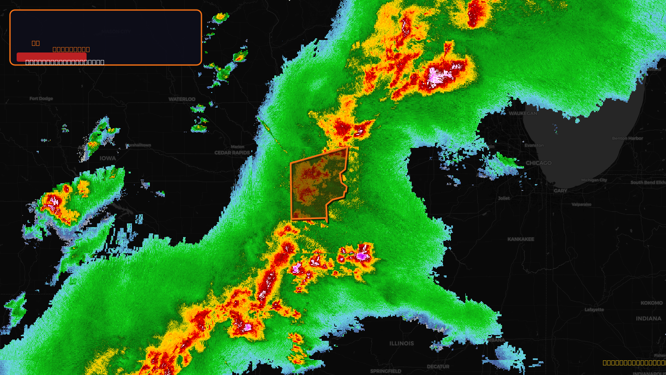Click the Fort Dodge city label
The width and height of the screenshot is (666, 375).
click(41, 99)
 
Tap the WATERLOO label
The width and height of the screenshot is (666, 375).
click(182, 99)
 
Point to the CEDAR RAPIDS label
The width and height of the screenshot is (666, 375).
click(232, 153)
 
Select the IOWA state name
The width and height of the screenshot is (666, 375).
click(108, 158)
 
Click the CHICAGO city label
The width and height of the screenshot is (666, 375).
click(539, 163)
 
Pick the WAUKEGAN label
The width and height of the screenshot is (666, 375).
click(523, 113)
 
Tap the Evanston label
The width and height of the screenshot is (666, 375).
click(534, 145)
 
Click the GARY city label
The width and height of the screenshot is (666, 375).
click(560, 191)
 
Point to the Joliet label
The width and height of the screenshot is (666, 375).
click(504, 198)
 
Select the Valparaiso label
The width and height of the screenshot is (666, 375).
click(582, 205)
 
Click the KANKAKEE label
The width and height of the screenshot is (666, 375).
click(521, 239)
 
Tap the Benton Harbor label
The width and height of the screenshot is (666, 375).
click(627, 138)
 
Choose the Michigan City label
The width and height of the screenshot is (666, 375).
click(594, 180)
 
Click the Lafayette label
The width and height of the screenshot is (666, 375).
click(594, 310)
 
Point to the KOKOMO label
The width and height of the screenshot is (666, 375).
click(651, 303)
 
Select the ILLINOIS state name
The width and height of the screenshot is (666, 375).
click(402, 343)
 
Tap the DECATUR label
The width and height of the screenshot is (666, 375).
click(438, 367)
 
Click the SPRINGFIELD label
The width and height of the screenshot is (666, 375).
click(385, 371)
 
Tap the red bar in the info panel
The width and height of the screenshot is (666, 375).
click(51, 57)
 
